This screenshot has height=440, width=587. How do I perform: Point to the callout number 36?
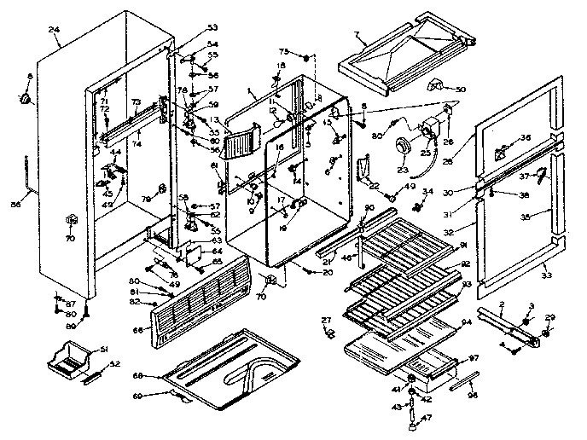click(526, 138)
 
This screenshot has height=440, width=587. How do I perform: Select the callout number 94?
click(466, 324)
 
